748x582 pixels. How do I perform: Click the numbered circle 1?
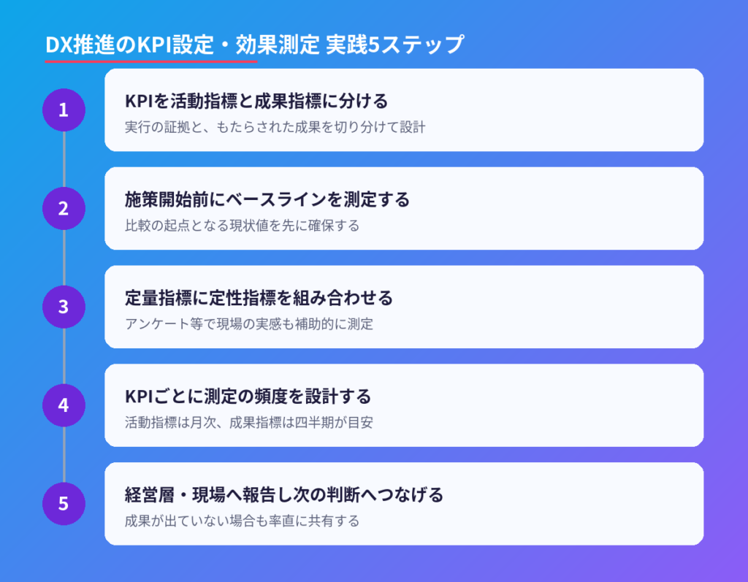coord(64,110)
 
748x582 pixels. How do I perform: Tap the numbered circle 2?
coord(64,208)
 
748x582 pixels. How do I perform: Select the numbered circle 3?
coord(64,307)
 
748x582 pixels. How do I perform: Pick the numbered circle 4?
coord(64,405)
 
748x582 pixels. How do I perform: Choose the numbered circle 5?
coord(64,504)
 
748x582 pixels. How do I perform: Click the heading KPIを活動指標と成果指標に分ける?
coord(256,101)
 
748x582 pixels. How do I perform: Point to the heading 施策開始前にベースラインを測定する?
coord(267,199)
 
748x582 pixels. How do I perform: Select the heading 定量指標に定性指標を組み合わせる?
coord(259,298)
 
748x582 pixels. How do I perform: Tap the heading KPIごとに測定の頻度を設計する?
coord(248,397)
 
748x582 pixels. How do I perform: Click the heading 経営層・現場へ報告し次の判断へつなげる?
coord(284,494)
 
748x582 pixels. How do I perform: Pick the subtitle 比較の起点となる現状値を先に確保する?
coord(243,226)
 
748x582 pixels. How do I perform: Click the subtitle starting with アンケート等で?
coord(249,324)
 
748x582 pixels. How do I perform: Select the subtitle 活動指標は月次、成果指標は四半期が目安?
coord(249,423)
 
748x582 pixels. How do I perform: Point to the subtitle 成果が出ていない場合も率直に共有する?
coord(243,521)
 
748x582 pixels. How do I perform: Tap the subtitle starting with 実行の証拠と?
coord(275,127)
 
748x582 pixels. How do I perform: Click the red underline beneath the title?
coord(151,61)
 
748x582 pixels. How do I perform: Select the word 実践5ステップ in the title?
coord(395,45)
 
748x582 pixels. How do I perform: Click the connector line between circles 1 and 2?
coord(64,159)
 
